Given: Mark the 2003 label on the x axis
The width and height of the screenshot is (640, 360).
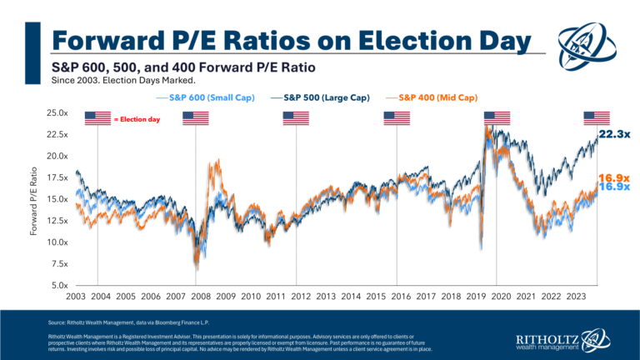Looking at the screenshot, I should point(73,296).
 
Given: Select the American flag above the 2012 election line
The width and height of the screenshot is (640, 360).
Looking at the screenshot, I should point(295,117).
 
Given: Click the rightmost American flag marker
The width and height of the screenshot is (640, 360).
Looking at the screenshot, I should point(596,117).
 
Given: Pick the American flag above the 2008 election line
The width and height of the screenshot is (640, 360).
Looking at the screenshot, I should point(195,117).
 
